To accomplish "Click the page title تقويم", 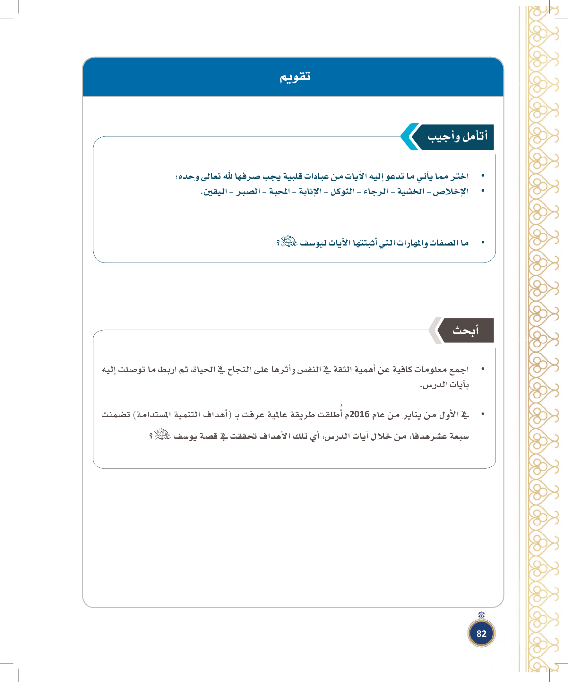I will [x=295, y=77].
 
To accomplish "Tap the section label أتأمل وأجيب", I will [x=457, y=137].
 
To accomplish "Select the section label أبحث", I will [x=465, y=331].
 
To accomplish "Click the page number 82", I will [x=481, y=633].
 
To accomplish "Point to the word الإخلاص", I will [x=451, y=192].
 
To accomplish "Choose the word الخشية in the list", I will [x=411, y=192].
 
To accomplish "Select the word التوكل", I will [x=343, y=192].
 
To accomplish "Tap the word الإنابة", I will [x=310, y=192].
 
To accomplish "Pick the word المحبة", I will [x=280, y=192].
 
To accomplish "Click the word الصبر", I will [x=248, y=192].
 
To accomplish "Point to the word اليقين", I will [x=215, y=192].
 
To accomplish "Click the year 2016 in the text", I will [x=359, y=414].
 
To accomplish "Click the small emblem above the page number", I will [x=482, y=615].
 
